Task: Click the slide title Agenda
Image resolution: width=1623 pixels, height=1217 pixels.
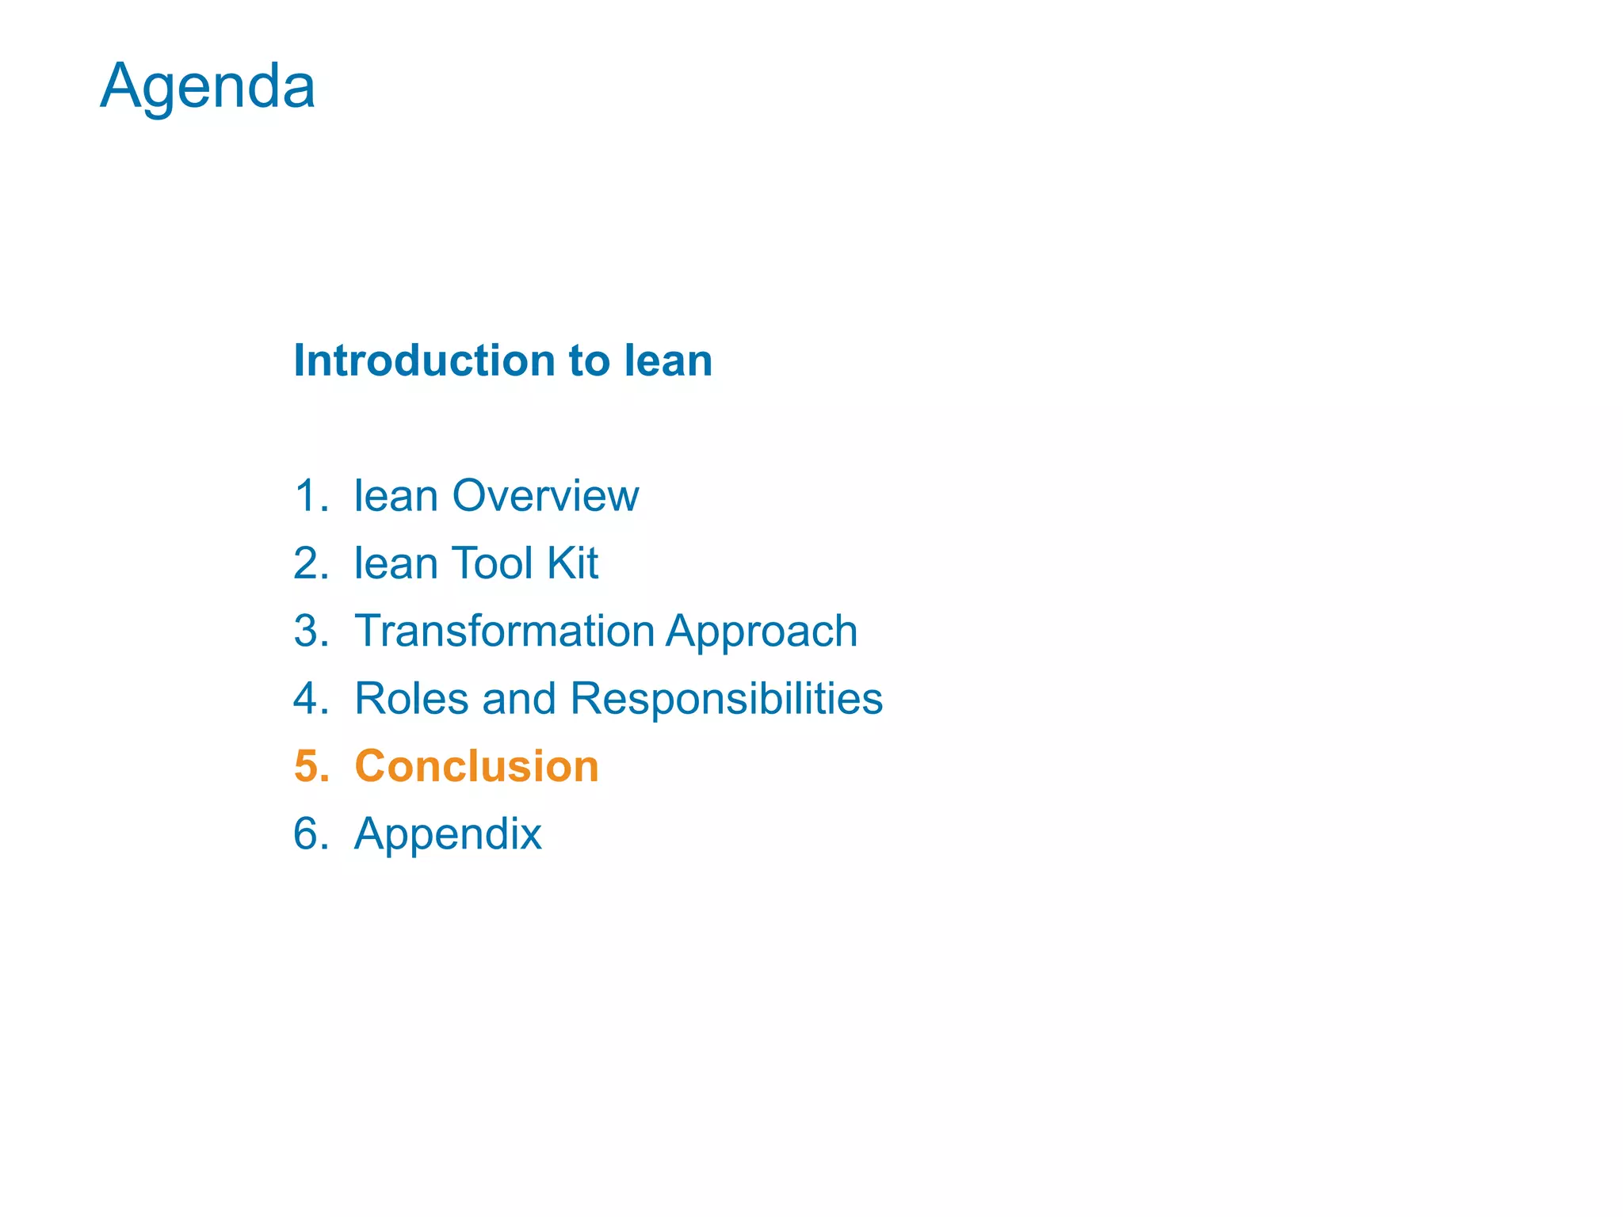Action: pos(208,86)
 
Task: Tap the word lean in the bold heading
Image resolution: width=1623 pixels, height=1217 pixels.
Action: pos(668,361)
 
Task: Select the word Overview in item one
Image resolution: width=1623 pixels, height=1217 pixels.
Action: pos(545,496)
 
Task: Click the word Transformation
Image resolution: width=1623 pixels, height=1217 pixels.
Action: pos(505,631)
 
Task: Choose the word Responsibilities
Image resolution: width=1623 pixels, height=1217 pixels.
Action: pos(726,700)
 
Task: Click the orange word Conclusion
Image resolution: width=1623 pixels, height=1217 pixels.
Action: pos(476,766)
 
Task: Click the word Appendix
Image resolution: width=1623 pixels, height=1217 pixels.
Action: pos(448,835)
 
